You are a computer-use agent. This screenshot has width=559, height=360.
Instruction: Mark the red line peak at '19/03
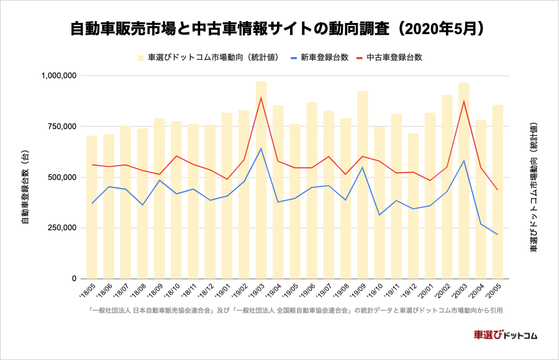click(261, 97)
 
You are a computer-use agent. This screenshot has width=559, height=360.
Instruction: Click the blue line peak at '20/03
click(464, 161)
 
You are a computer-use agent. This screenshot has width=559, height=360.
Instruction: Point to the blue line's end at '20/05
click(498, 235)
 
